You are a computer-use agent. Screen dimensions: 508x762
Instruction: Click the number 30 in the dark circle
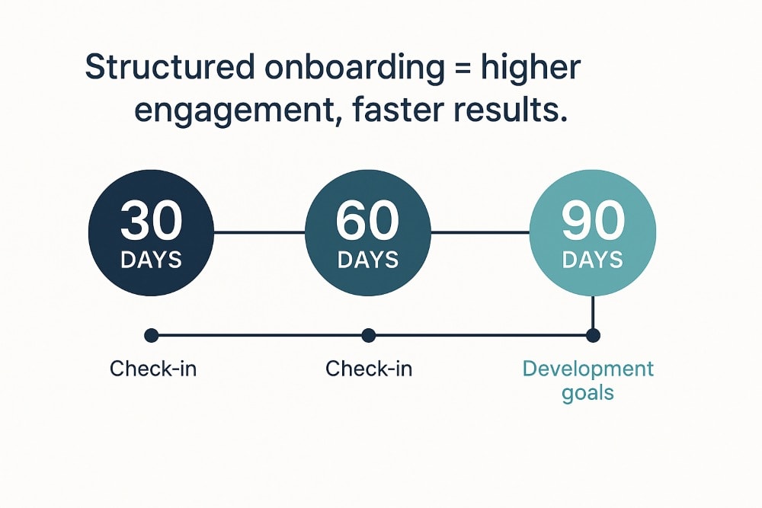pos(152,222)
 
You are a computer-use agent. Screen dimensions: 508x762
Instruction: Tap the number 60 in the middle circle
pos(368,222)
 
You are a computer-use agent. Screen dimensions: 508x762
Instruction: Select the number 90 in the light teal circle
pos(593,222)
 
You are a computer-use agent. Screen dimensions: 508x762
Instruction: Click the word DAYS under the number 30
pos(152,260)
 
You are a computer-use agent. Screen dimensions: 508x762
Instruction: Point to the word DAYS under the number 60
pos(368,260)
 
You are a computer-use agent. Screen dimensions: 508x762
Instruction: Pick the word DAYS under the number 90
pos(593,260)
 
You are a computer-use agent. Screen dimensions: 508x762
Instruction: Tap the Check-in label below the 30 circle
pos(153,369)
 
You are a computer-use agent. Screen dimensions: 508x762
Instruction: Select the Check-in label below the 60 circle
pos(369,369)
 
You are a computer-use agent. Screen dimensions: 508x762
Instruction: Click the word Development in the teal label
pos(588,369)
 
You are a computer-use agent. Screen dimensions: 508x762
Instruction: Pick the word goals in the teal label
pos(588,394)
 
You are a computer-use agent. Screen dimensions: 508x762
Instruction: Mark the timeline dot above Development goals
pos(593,334)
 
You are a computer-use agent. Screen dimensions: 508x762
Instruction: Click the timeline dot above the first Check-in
pos(151,334)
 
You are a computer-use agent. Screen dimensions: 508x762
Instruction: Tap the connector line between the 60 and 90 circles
pos(480,232)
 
